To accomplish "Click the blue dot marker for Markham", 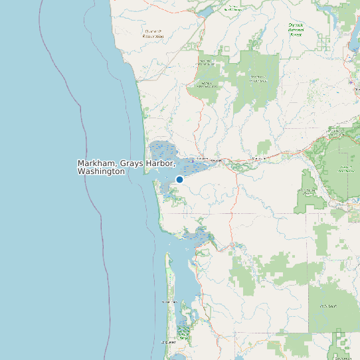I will pos(179,179).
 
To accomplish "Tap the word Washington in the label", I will pos(101,171).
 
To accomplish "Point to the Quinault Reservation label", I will pos(153,33).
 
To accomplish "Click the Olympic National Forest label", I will pos(296,29).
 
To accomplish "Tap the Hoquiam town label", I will pos(201,159).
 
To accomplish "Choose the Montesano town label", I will pos(258,158).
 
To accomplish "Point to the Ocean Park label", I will pos(169,302).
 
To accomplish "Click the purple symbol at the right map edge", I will pos(351,82).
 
